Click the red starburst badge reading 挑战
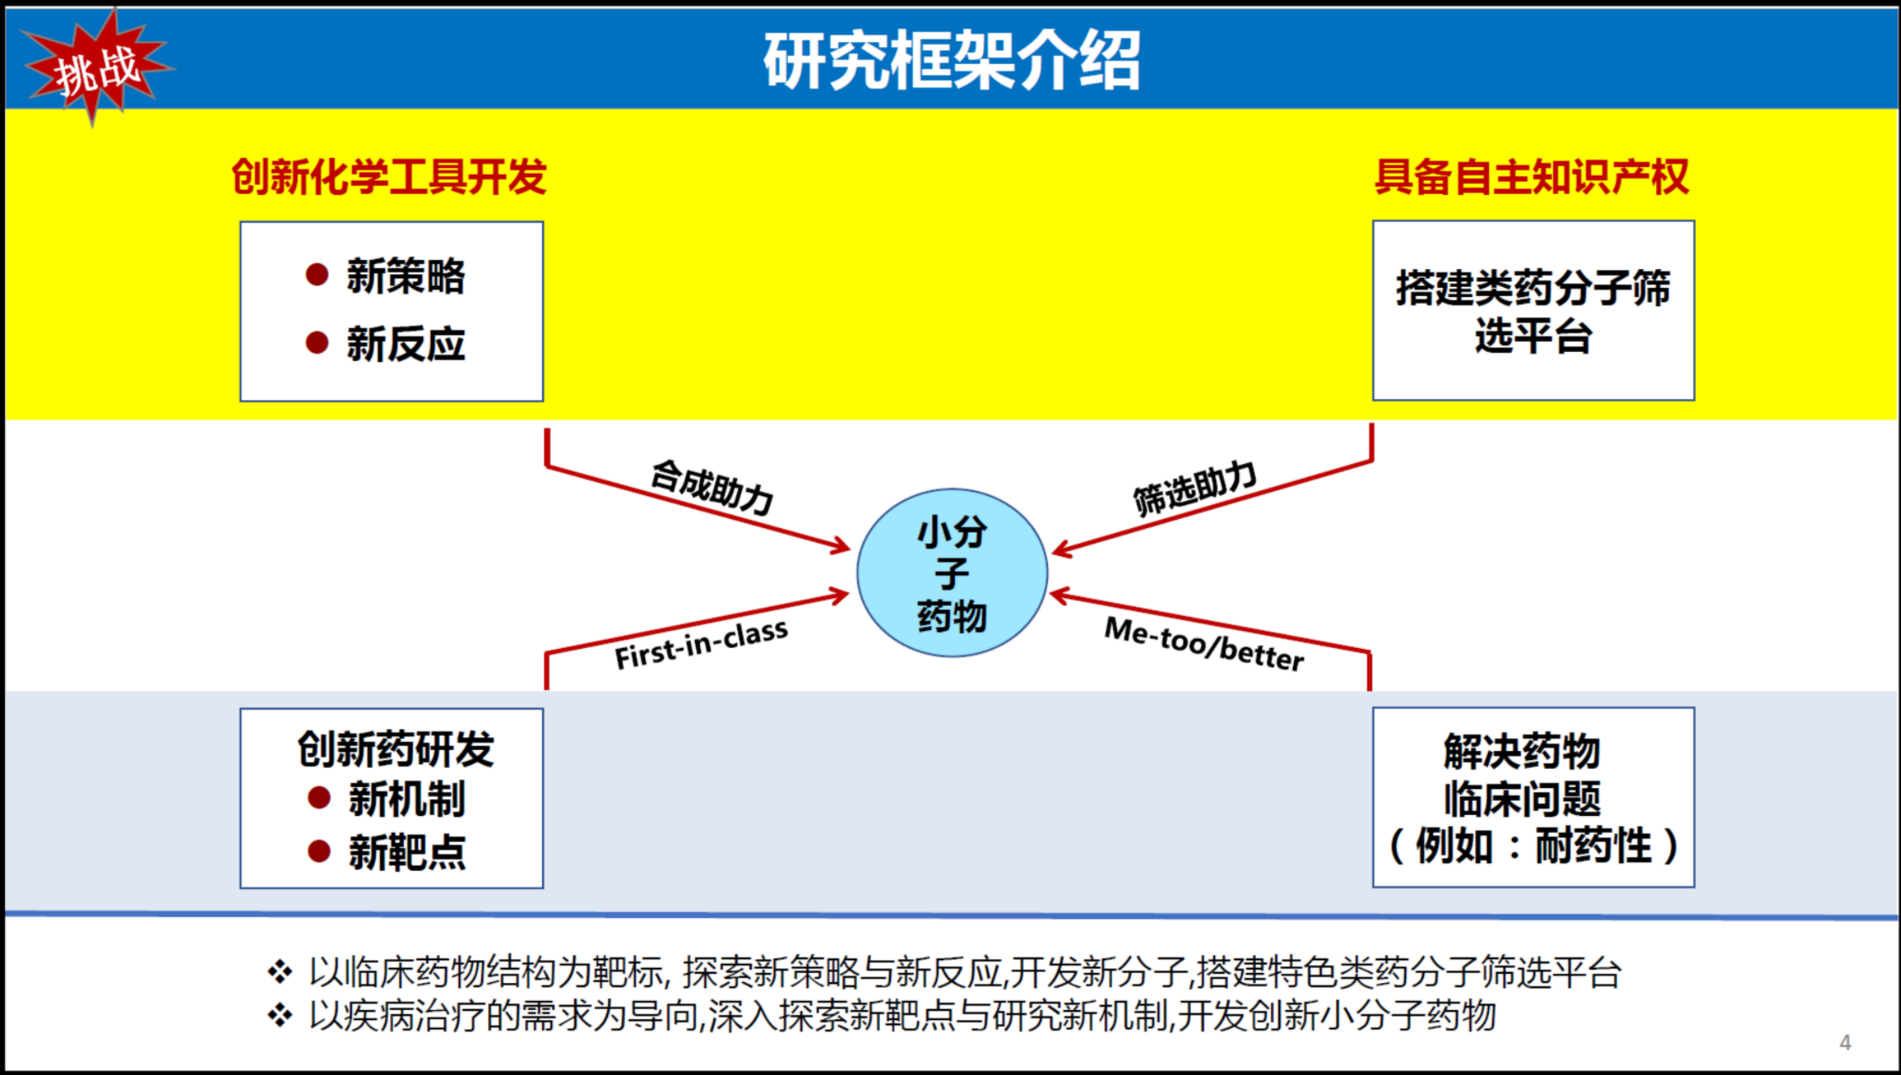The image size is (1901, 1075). point(95,68)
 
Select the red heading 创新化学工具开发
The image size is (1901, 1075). point(389,176)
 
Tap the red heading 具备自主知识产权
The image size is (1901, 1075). point(1531,176)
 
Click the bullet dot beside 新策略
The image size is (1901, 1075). point(317,275)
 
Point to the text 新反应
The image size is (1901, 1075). point(406,343)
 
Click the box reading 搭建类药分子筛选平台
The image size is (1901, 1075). point(1534,311)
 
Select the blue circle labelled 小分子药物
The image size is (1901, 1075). point(952,572)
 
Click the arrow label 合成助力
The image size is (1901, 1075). point(712,487)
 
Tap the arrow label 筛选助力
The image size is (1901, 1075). point(1195,487)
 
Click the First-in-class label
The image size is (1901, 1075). point(701,644)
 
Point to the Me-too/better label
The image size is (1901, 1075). point(1204,643)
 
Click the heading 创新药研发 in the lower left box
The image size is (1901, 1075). point(395,749)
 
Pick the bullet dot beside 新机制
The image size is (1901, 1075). point(319,797)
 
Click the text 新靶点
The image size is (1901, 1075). point(408,852)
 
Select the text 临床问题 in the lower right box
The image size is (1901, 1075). point(1522,798)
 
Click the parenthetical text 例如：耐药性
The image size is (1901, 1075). point(1534,845)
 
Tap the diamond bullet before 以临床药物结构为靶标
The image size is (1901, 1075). point(280,971)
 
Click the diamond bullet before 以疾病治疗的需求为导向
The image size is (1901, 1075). point(280,1015)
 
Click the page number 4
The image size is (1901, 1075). point(1845,1043)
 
